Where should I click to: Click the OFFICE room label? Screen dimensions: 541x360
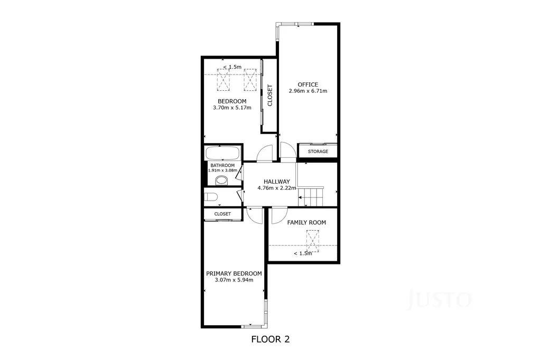(308, 84)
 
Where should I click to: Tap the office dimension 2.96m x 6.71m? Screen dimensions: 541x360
(308, 91)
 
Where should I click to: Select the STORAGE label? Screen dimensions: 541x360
(318, 151)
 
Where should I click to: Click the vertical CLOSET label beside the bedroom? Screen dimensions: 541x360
(270, 96)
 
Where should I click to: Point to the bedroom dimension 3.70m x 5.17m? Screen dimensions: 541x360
(232, 108)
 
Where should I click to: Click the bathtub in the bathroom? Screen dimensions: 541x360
(222, 153)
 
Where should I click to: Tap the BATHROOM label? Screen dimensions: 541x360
(222, 166)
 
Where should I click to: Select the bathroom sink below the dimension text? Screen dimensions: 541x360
(221, 181)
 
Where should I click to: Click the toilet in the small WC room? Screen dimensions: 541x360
(210, 197)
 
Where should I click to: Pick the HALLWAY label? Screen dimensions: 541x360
(277, 182)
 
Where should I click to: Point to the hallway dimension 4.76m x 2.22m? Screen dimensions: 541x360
(277, 188)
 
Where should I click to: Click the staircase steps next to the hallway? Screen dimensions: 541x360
(311, 196)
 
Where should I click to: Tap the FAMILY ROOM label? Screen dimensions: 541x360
(306, 223)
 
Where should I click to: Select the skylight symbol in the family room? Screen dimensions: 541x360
(313, 241)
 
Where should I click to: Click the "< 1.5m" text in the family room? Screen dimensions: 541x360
(303, 253)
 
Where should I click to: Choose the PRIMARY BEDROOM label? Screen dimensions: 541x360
(234, 273)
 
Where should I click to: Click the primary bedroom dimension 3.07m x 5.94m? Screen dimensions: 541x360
(234, 280)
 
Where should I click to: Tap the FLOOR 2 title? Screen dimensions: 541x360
(270, 339)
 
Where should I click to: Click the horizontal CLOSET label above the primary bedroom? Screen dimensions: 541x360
(222, 214)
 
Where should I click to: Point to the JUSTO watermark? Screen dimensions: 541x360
(439, 299)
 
